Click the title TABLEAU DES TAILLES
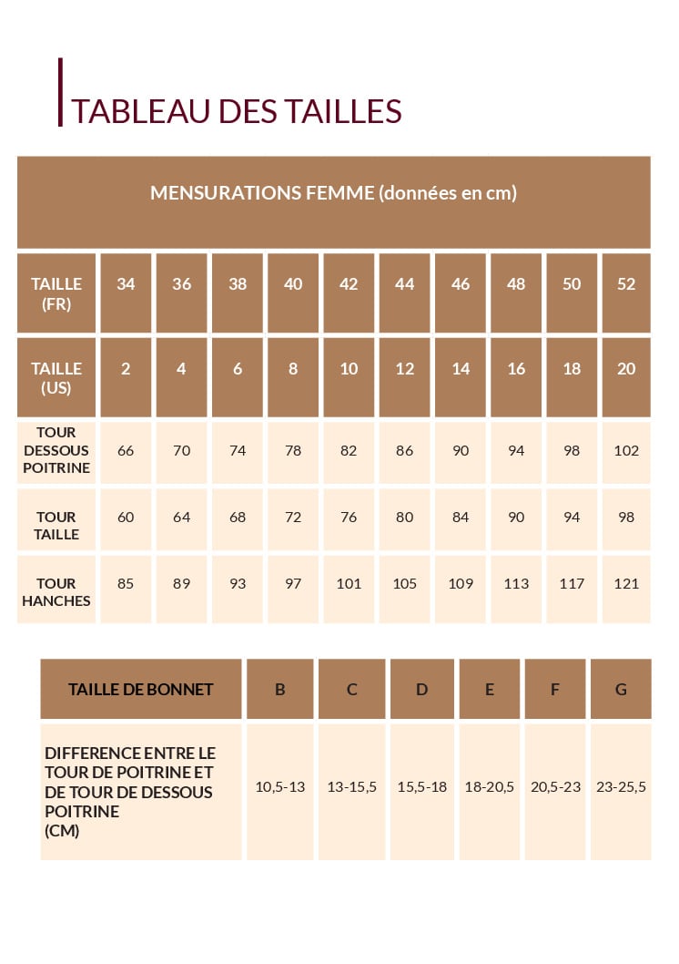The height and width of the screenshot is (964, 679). click(237, 110)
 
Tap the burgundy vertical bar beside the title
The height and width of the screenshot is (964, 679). click(61, 92)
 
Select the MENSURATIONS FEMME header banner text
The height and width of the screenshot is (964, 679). click(333, 193)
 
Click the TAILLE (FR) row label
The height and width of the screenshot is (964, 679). click(56, 293)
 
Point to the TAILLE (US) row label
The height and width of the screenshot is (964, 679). click(56, 377)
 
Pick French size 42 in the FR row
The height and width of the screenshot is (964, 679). click(349, 284)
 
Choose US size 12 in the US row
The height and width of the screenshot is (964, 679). click(405, 369)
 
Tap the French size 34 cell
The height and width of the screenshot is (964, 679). click(126, 284)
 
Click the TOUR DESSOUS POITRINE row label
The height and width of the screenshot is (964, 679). click(56, 450)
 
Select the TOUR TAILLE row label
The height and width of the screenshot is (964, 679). click(56, 526)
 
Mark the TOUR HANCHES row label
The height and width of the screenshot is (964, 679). click(56, 592)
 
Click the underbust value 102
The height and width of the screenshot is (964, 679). click(626, 450)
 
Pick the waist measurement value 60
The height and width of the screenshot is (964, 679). click(126, 518)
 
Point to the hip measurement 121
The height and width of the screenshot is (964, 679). click(626, 584)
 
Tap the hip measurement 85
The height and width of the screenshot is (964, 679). click(126, 584)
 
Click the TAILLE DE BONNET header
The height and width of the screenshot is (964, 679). click(141, 690)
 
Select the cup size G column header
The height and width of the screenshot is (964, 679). click(621, 690)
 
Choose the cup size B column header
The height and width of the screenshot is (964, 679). click(280, 690)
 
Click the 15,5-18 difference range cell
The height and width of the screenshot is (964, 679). click(422, 787)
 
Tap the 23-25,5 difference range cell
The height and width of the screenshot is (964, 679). click(621, 787)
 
